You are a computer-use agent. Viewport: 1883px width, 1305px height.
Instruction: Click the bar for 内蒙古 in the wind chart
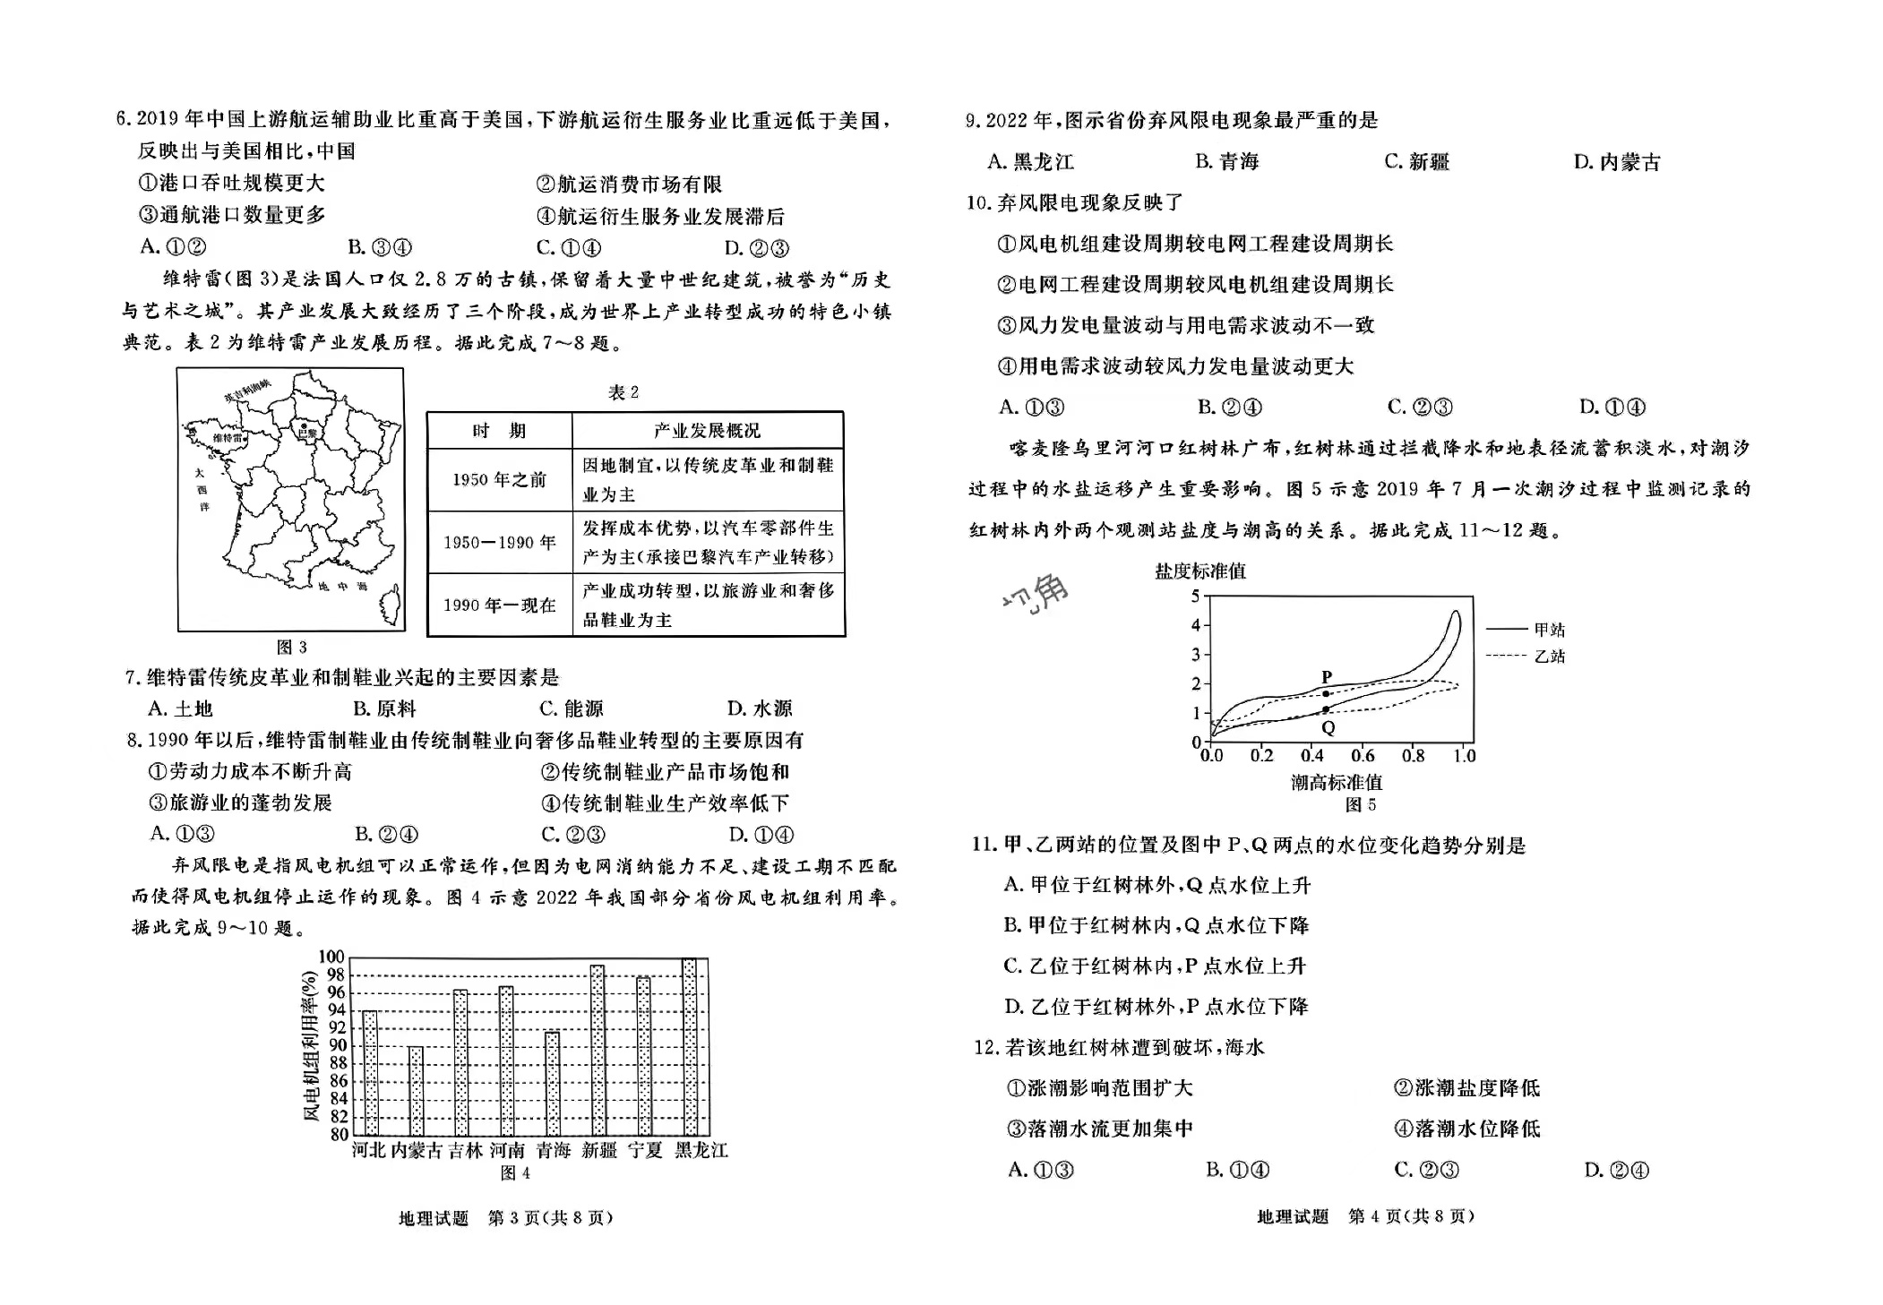coord(416,1090)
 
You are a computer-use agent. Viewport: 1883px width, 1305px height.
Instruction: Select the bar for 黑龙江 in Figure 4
coord(689,1046)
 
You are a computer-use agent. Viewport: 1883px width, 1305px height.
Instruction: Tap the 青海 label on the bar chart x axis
coord(553,1151)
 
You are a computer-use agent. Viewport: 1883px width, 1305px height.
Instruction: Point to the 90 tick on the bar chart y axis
coord(338,1045)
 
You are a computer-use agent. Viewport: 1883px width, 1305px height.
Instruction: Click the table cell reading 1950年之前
coord(499,480)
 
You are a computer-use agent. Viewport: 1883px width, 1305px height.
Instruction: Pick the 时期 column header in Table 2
coord(499,431)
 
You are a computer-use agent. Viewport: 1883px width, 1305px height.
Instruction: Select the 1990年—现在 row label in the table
coord(499,605)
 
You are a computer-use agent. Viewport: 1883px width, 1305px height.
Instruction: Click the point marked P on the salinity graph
coord(1326,693)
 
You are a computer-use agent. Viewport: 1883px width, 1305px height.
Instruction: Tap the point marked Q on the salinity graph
coord(1326,710)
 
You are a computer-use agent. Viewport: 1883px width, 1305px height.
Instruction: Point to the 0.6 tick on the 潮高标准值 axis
coord(1363,756)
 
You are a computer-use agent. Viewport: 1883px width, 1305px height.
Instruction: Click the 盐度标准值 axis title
coord(1199,571)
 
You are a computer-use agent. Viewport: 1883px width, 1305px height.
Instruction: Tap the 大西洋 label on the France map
coord(202,489)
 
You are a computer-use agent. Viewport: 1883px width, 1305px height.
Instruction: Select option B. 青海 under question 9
coord(1226,162)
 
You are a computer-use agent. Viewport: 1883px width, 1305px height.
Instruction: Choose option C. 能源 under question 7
coord(571,709)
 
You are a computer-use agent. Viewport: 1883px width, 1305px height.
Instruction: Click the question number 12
coord(985,1048)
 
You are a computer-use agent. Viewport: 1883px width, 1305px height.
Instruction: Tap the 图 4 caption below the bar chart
coord(515,1173)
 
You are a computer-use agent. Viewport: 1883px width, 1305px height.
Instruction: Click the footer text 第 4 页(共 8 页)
coord(1411,1216)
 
